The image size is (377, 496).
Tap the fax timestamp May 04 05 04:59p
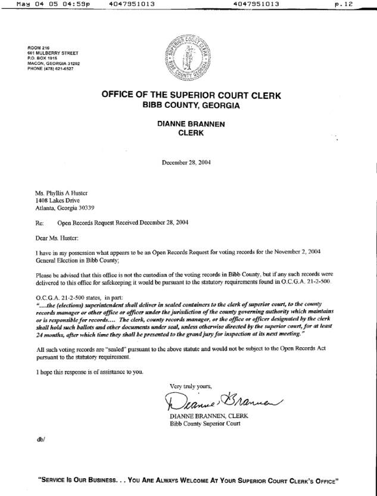pos(54,4)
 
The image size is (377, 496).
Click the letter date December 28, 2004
pos(186,162)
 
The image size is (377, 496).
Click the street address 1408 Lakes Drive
pos(57,200)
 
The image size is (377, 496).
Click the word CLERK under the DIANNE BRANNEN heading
pos(191,133)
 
